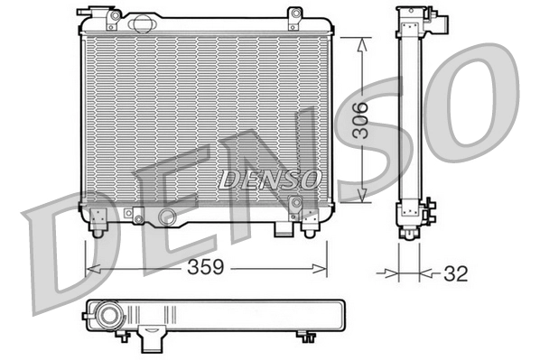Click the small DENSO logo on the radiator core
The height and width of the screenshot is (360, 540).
[x=268, y=179]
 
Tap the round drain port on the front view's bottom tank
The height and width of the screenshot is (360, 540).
[x=166, y=217]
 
